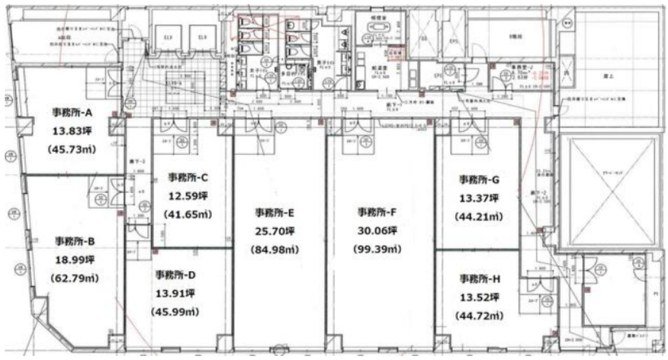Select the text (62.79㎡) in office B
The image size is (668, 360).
[75, 278]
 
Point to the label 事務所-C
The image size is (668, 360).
[188, 177]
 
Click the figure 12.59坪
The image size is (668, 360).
[188, 196]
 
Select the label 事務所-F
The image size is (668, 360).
[378, 212]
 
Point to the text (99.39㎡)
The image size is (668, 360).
[378, 249]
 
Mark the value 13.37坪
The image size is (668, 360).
[480, 198]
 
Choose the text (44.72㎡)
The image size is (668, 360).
[480, 316]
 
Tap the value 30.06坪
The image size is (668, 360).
[378, 231]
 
